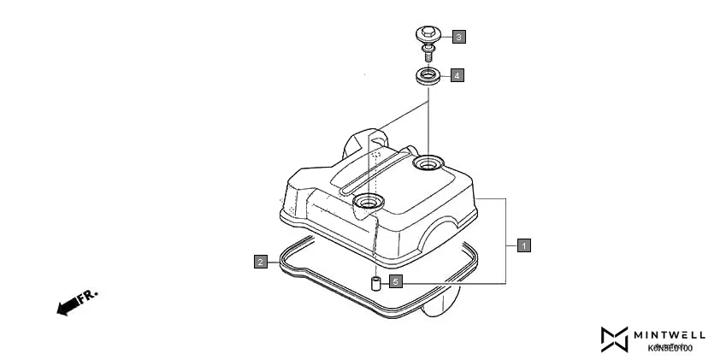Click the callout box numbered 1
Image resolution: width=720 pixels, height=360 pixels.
coord(524,245)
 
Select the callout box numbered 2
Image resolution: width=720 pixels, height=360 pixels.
coord(259,262)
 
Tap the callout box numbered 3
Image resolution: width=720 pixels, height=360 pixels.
coord(459,37)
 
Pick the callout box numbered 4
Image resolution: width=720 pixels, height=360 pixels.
coord(457,75)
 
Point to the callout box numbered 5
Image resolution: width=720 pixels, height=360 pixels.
coord(395,280)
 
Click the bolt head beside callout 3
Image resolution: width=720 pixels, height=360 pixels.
coord(427,34)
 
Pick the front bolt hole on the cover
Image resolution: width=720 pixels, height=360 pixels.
coord(369,202)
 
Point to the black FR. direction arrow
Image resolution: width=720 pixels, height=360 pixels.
coord(66,306)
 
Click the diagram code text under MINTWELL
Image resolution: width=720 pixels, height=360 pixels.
coord(670,347)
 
